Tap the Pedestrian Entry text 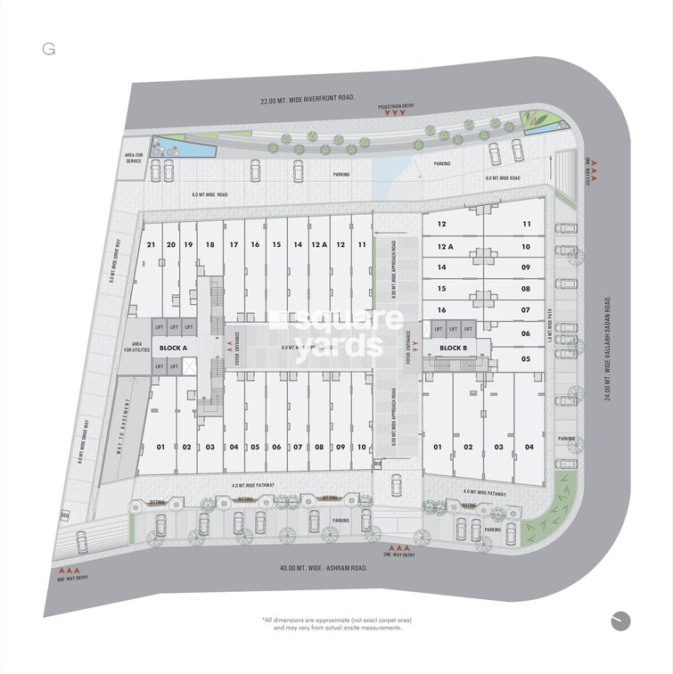click(398, 130)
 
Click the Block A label click(173, 347)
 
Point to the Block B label click(454, 348)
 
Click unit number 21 click(152, 244)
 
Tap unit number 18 click(209, 244)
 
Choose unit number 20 click(169, 244)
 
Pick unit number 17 click(234, 244)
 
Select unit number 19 click(187, 244)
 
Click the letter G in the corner click(48, 49)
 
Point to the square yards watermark click(337, 332)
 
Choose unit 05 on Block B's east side click(526, 358)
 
